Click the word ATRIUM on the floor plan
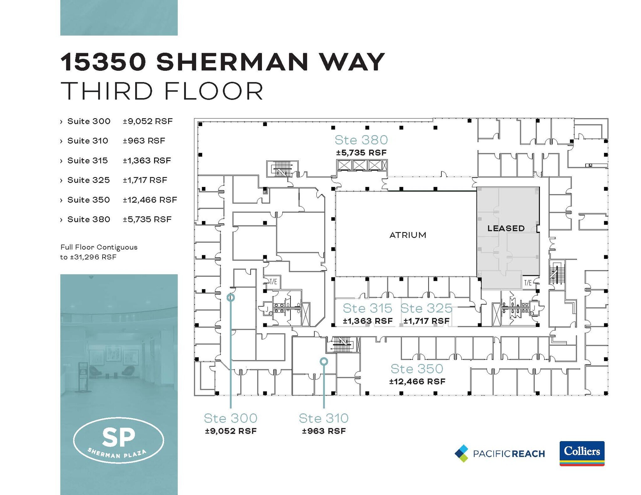[x=408, y=235]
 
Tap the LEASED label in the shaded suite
[x=506, y=228]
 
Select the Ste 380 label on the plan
[x=361, y=140]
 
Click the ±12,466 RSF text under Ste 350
[x=417, y=381]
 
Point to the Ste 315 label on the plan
[x=367, y=308]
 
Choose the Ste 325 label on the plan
[x=426, y=308]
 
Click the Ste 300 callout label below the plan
[x=231, y=418]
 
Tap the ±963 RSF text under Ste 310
[x=324, y=431]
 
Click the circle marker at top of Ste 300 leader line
[x=231, y=297]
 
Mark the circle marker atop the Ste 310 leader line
[x=324, y=361]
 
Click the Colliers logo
[x=582, y=453]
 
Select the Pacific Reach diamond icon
[x=462, y=453]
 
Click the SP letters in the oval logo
[x=119, y=437]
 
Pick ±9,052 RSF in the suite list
[x=147, y=121]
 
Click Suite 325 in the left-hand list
[x=89, y=180]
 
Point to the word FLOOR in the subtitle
[x=213, y=91]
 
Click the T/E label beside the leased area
[x=528, y=283]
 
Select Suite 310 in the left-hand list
[x=88, y=141]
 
